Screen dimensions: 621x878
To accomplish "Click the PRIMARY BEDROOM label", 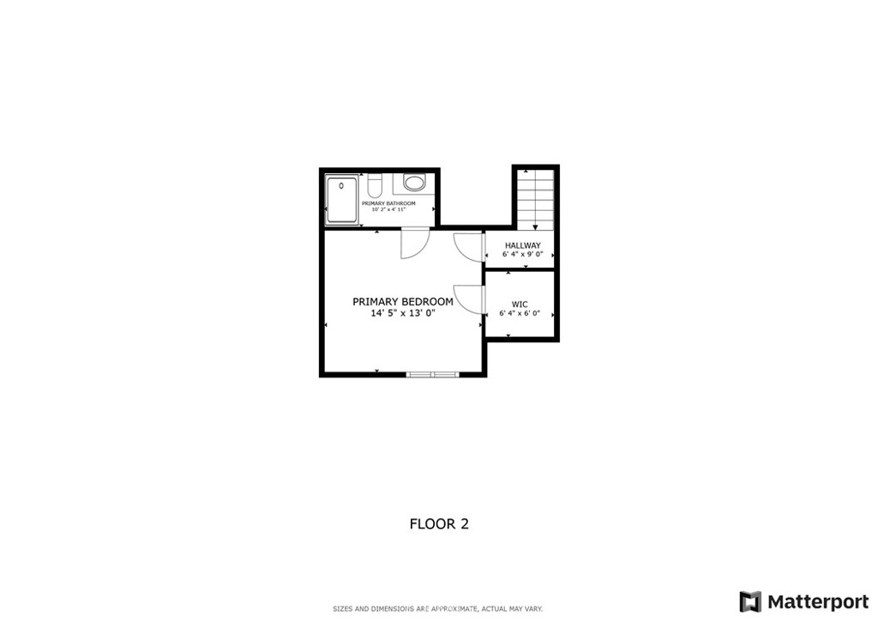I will point(402,302).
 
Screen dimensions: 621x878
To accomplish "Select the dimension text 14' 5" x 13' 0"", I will point(402,314).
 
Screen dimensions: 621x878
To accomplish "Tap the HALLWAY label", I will point(522,245).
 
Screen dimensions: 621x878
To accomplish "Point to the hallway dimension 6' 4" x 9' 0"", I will point(522,255).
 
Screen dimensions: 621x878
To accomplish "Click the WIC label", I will point(520,304).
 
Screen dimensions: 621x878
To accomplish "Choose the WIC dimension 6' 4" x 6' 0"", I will point(520,313).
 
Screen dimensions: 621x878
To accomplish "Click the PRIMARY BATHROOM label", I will point(388,203).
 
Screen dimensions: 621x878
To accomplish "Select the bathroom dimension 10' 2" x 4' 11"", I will point(388,210).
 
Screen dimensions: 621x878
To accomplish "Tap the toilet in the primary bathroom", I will point(374,184).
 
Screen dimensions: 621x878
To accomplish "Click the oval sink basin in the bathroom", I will point(414,183).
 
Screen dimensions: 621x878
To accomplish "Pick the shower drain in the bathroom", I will point(342,186).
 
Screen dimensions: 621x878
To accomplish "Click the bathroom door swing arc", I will point(413,245).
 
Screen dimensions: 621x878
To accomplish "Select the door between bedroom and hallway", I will point(468,246).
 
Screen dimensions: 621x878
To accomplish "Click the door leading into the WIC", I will point(468,300).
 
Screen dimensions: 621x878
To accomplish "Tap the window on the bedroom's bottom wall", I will point(433,374).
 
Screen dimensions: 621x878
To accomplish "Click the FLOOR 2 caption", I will point(439,524).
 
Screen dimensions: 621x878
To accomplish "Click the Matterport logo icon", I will point(750,601).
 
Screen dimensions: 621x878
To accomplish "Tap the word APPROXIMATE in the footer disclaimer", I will point(457,609).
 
